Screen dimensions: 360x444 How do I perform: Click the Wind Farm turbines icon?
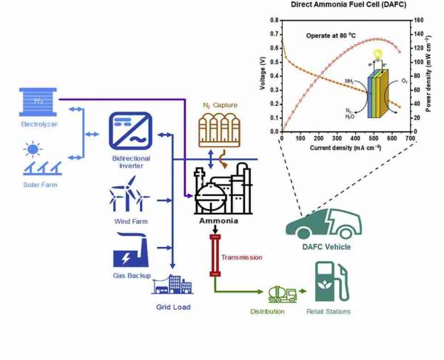[130, 197]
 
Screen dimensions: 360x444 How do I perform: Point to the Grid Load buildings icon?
[171, 284]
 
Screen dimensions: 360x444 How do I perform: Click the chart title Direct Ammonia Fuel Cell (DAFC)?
[346, 6]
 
